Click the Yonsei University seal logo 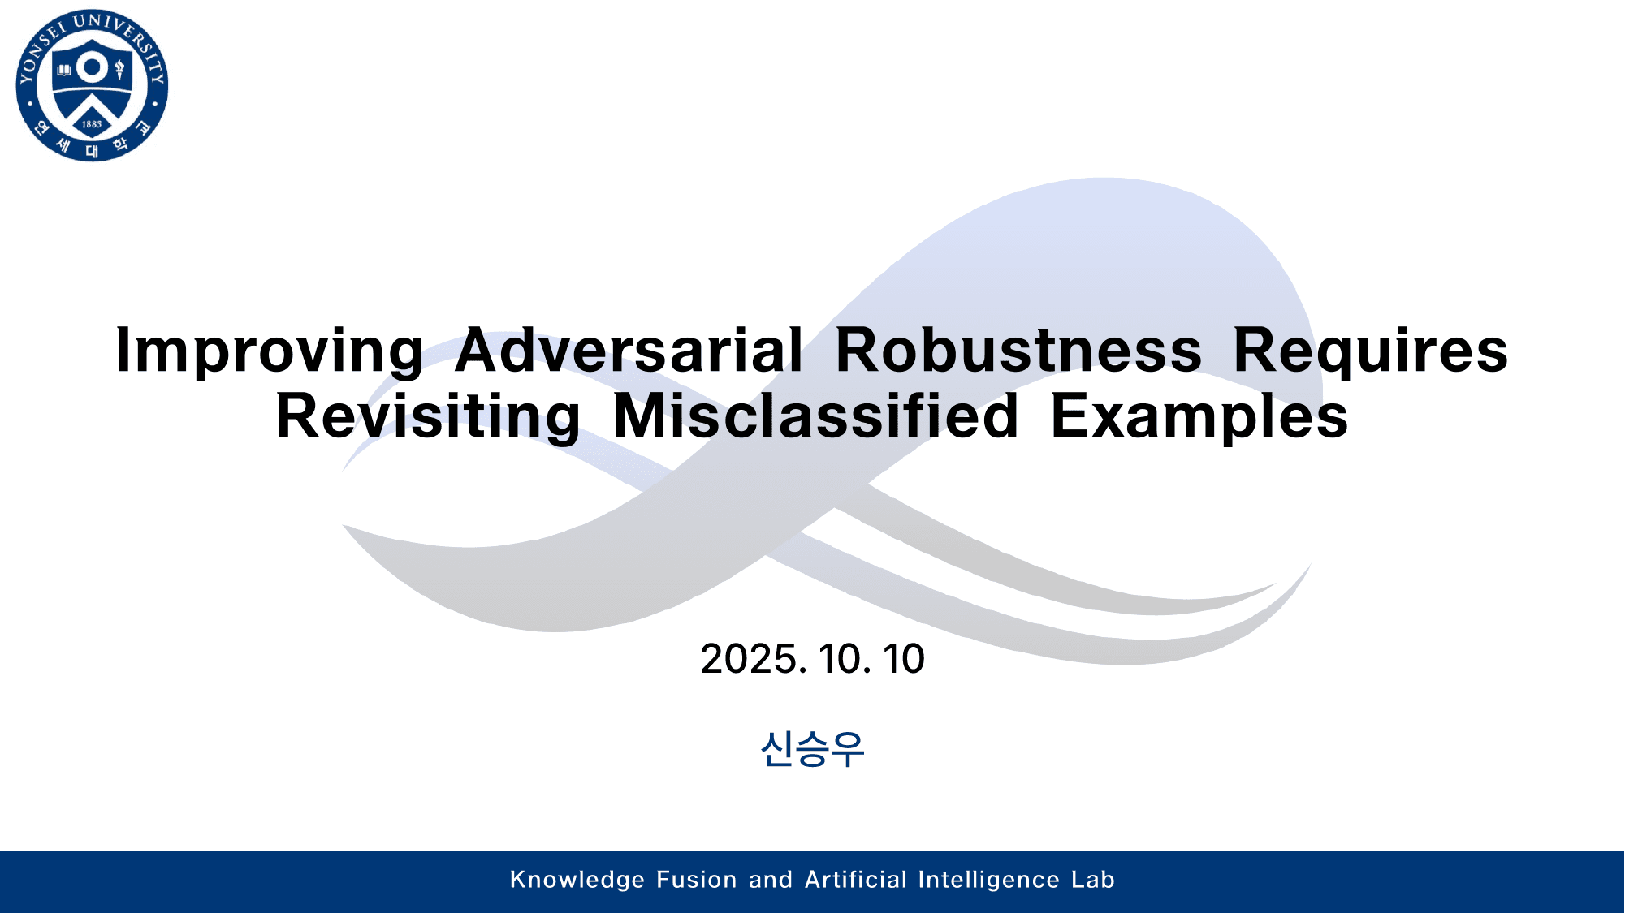[92, 85]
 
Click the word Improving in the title [270, 351]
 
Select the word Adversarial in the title [629, 351]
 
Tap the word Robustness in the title [1018, 351]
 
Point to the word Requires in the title [1370, 351]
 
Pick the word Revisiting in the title [428, 416]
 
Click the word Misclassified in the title [815, 416]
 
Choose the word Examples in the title [1199, 416]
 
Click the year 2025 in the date [753, 658]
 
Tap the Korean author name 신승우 [812, 748]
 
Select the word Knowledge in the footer [577, 880]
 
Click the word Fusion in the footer [696, 880]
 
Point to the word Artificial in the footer [856, 880]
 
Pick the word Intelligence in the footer [988, 880]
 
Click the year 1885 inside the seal [92, 124]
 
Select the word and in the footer [770, 880]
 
